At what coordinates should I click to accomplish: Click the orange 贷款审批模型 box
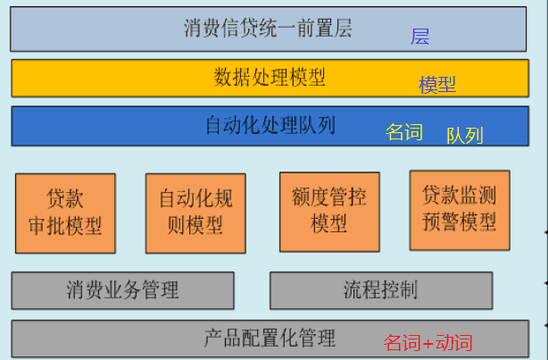65,213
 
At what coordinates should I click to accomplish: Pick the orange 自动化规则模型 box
195,213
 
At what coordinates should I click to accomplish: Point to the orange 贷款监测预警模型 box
459,210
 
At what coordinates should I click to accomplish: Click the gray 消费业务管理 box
122,290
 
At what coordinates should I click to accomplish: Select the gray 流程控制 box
380,290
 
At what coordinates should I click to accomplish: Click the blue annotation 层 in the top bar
420,37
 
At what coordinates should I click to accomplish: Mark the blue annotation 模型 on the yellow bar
437,85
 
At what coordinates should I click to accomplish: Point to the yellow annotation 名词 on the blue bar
403,132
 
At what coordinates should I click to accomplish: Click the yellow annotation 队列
464,136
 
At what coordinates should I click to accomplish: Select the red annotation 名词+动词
428,342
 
